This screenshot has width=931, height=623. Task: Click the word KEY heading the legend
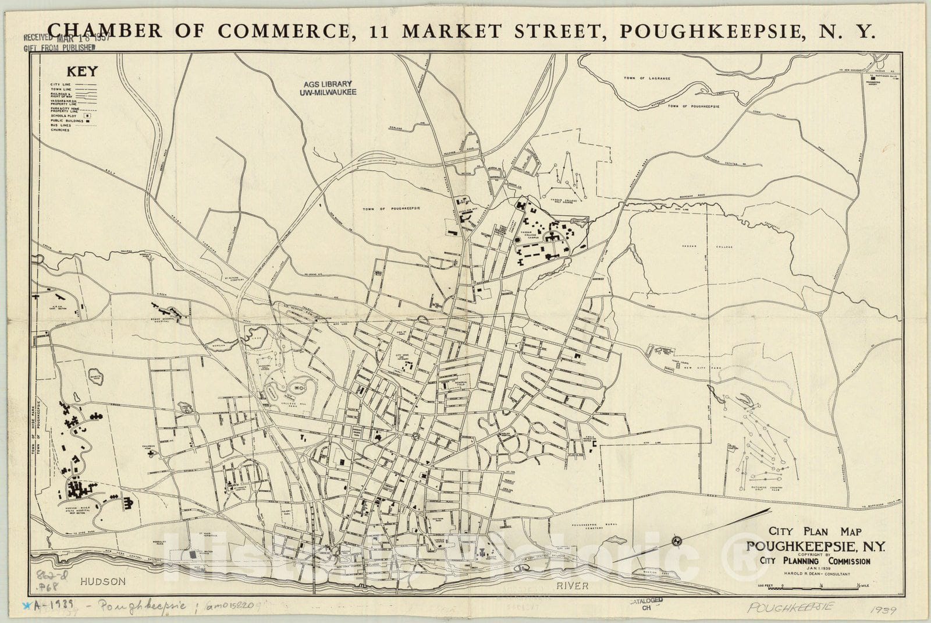82,72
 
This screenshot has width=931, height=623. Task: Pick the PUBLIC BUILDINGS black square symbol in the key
90,121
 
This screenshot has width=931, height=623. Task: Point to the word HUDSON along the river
103,581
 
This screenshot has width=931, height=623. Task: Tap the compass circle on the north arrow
677,541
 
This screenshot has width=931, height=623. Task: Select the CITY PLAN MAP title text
815,531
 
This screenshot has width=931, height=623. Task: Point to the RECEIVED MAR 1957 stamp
59,37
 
